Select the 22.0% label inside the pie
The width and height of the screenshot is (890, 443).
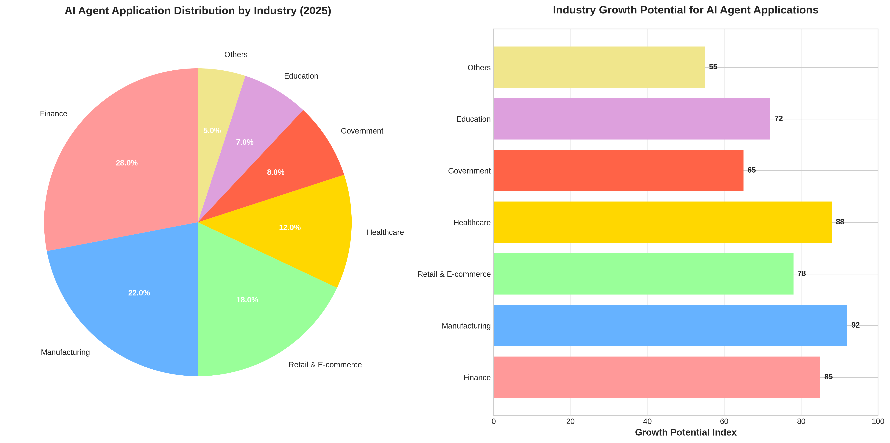139,293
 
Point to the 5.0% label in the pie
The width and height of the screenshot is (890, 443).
212,131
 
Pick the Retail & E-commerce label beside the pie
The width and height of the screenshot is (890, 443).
325,365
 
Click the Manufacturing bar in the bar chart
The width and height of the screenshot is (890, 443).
670,325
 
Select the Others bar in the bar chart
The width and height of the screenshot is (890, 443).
599,67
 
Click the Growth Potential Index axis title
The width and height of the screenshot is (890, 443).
685,433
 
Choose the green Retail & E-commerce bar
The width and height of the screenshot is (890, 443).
643,274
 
